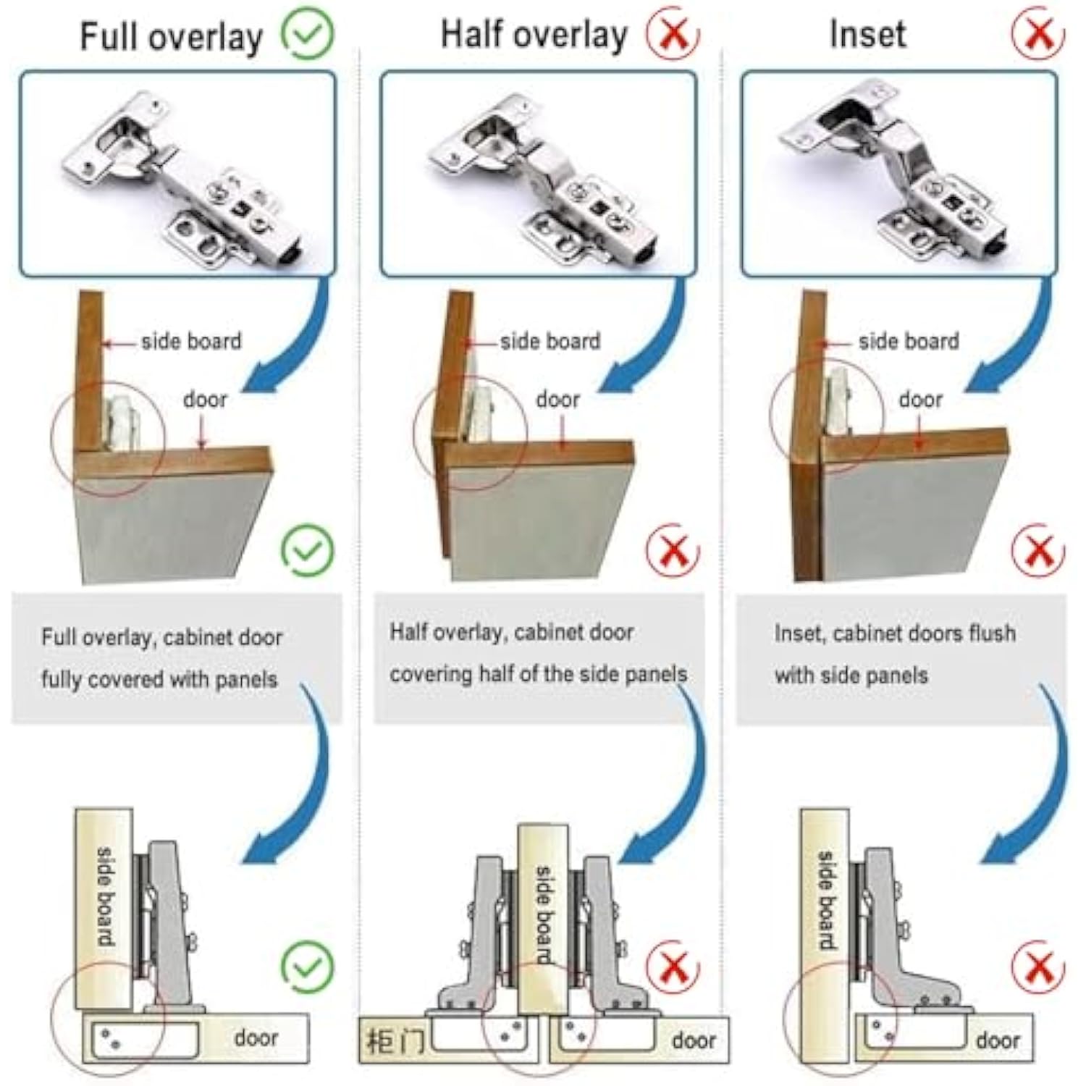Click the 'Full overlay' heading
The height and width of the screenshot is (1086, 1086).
[171, 37]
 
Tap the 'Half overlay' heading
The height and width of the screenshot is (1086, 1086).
[534, 35]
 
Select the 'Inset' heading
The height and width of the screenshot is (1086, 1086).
[867, 34]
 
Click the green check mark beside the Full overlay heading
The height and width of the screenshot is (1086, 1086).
[308, 34]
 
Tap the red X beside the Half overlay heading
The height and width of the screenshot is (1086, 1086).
[673, 33]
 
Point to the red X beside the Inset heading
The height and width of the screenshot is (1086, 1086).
[1039, 33]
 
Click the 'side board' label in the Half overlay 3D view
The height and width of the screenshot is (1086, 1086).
[550, 341]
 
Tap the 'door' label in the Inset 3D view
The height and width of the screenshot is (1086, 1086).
[920, 400]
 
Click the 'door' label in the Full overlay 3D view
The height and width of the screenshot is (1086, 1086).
[205, 400]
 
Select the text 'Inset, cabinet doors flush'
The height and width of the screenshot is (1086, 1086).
[895, 633]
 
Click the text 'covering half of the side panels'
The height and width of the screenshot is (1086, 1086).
[539, 674]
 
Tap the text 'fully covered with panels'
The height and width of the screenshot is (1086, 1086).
[159, 680]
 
